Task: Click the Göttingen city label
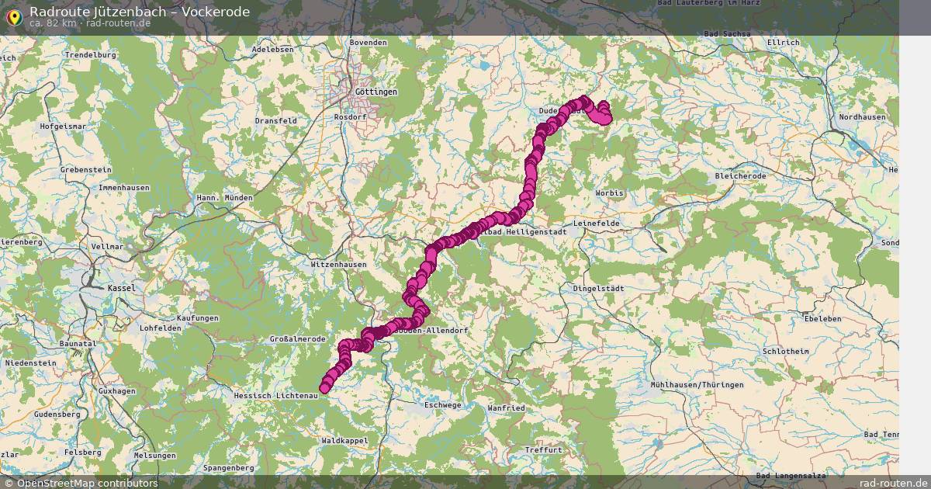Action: coord(376,92)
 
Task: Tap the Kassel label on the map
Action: coord(121,287)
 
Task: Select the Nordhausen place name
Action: coord(862,116)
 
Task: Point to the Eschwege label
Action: coord(443,404)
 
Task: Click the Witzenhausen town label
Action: coord(338,264)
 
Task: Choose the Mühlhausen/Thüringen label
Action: coord(697,384)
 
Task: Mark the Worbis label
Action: coord(609,192)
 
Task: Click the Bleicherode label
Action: coord(741,176)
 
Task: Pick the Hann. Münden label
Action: coord(224,198)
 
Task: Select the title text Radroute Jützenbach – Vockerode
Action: coord(140,11)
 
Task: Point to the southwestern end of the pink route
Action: coord(324,389)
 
